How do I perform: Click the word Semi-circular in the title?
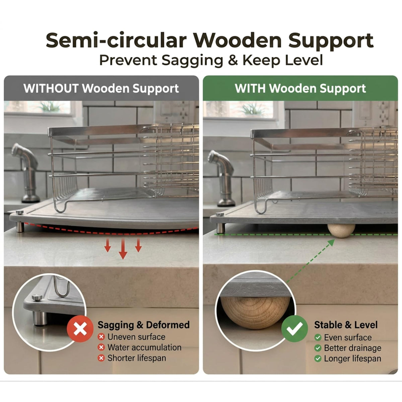116,41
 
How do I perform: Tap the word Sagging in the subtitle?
192,61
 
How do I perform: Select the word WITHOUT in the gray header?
51,88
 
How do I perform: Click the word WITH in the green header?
250,88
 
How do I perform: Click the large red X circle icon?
80,329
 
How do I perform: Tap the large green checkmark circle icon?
294,329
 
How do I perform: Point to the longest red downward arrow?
123,249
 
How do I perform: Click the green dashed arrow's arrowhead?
331,243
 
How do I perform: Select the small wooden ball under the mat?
341,231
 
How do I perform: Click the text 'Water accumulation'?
144,347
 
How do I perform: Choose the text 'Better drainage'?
352,348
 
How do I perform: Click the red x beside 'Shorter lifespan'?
101,358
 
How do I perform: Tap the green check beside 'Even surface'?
318,338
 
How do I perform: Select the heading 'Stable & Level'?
346,325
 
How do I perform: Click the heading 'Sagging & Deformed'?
143,325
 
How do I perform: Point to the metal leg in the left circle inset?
40,319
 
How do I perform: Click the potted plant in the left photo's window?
50,107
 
